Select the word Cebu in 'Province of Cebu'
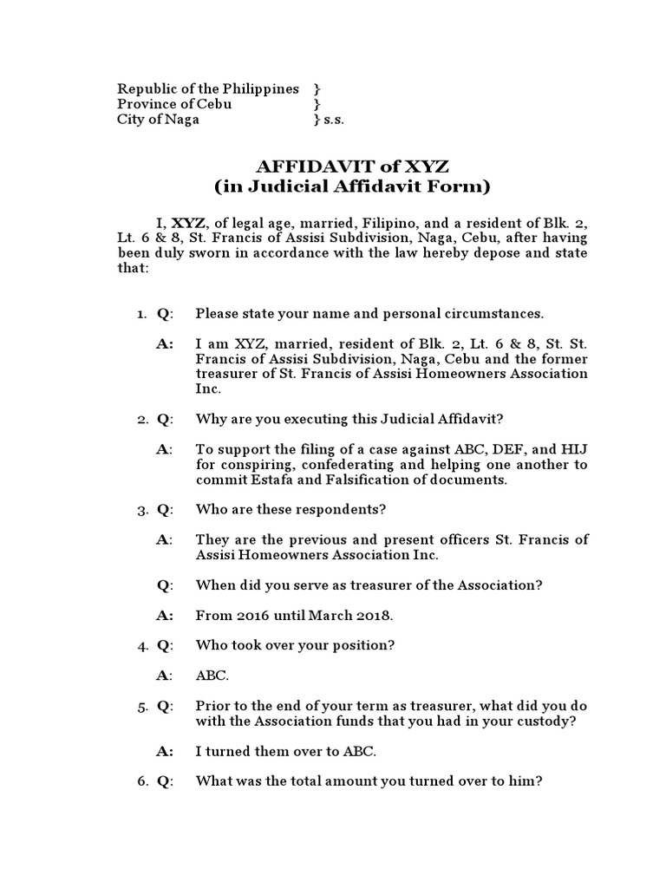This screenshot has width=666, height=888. coord(215,104)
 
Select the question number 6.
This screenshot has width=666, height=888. coord(141,780)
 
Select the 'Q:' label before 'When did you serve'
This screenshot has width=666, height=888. coord(165,584)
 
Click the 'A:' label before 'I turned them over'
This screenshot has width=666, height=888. coord(165,751)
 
